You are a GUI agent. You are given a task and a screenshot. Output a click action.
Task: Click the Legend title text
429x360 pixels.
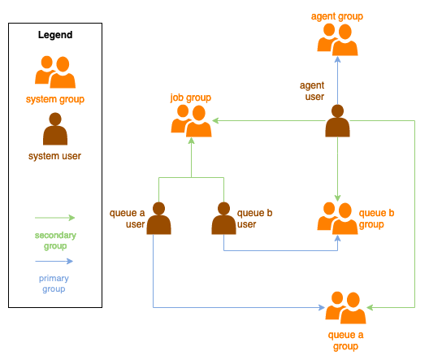tap(55, 35)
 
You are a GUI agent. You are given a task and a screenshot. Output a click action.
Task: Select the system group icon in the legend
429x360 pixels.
tap(55, 72)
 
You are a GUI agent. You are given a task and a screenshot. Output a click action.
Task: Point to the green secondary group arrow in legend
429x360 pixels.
tap(54, 218)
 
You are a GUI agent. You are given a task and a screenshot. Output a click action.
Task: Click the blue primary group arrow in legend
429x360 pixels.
tap(54, 262)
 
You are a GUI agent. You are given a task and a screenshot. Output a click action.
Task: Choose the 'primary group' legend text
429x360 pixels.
tap(54, 284)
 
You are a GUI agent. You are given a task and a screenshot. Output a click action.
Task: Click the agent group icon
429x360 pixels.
tap(337, 39)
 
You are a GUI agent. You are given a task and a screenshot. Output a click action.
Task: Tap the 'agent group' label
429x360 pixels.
tap(337, 16)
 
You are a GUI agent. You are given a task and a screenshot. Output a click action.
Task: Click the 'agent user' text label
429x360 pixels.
tap(313, 90)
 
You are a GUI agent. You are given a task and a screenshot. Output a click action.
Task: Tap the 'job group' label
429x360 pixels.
tap(191, 98)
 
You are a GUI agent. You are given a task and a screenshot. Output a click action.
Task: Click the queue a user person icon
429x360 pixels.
tap(159, 219)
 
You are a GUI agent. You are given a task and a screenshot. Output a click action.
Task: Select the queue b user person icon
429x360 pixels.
tap(223, 219)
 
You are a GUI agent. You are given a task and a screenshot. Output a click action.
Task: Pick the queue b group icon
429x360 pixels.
tap(337, 218)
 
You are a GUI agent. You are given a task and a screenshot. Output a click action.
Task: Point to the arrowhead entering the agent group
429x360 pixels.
tap(337, 61)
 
